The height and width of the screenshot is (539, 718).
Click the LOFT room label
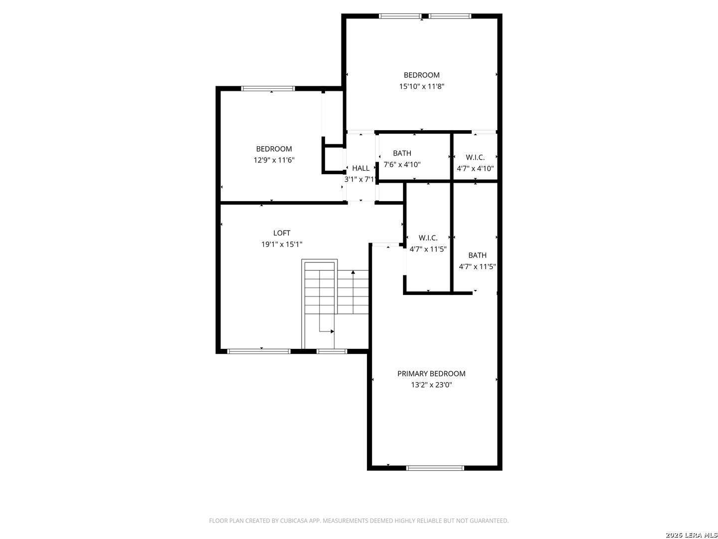point(281,233)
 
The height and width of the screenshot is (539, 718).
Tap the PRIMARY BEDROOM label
point(431,373)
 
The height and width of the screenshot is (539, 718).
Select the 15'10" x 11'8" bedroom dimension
point(421,86)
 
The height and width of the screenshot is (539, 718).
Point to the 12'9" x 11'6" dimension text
point(274,160)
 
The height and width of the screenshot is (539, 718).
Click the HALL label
point(360,168)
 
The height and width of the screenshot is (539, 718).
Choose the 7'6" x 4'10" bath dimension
point(402,165)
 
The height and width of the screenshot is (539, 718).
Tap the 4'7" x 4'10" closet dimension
point(475,169)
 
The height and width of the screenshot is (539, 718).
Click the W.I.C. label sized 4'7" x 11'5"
point(428,238)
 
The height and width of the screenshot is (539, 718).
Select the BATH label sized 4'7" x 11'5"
point(477,255)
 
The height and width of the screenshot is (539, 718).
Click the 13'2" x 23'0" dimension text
point(431,385)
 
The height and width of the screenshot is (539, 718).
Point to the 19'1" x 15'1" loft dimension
point(281,245)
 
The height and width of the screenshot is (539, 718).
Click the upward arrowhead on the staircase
point(353,272)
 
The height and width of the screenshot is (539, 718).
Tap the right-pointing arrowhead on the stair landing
point(332,331)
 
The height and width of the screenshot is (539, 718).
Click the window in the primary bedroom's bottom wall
point(435,468)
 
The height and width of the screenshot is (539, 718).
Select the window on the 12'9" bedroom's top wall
point(268,88)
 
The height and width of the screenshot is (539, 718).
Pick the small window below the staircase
point(332,351)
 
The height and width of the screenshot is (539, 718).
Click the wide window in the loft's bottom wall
point(259,351)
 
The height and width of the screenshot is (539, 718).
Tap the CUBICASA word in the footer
point(293,521)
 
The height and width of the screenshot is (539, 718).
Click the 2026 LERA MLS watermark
point(691,535)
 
